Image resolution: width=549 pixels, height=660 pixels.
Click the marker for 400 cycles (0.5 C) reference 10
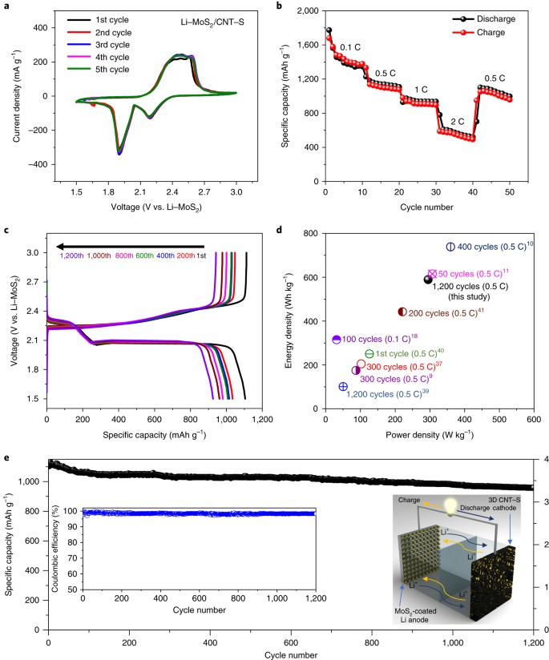point(450,247)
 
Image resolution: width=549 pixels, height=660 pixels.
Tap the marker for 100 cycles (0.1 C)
point(337,340)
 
